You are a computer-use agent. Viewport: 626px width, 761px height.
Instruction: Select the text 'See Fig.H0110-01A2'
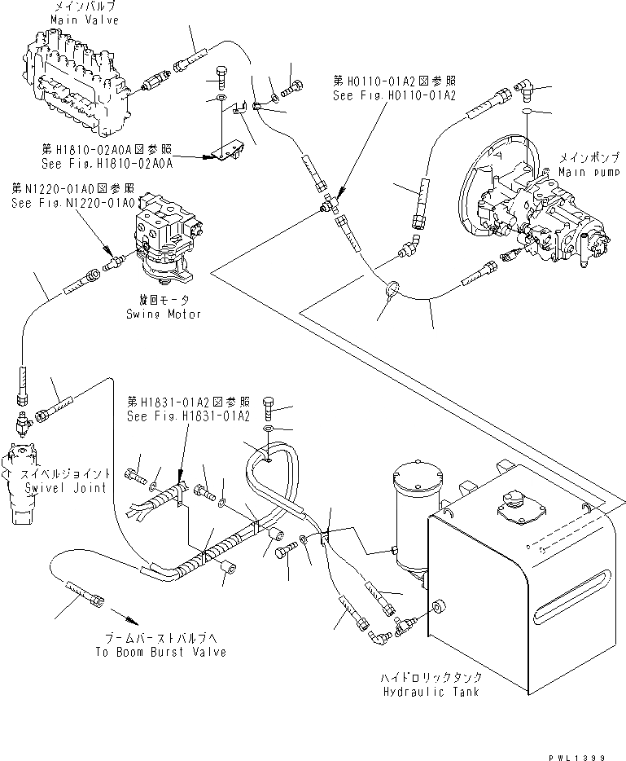[x=393, y=95]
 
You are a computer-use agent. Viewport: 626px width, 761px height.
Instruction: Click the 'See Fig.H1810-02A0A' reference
[x=107, y=163]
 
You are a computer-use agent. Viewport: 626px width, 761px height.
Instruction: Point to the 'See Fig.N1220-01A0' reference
[x=65, y=202]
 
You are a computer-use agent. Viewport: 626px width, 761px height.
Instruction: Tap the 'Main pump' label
[x=587, y=172]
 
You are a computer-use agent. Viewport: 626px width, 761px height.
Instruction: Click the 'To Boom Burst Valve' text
[x=160, y=652]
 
